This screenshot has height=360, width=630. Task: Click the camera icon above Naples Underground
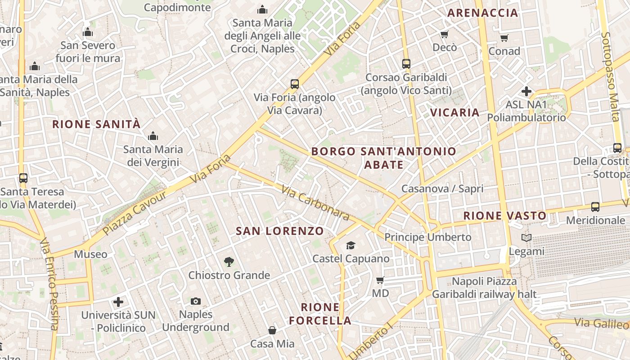coord(196,301)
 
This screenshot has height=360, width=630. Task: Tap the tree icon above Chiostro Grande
coord(229,262)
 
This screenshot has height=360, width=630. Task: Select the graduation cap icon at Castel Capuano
coord(351,245)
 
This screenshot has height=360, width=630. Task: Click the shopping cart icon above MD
coord(380,280)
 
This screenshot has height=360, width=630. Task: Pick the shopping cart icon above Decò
coord(445,34)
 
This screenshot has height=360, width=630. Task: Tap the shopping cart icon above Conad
coord(504,38)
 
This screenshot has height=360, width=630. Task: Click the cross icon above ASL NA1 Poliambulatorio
coord(526,91)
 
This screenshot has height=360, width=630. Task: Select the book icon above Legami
coord(526,238)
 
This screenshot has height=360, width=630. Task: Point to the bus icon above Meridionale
coord(595,207)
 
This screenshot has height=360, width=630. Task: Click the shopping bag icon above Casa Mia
coord(272,331)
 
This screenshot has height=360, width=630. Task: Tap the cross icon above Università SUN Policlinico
coord(118,301)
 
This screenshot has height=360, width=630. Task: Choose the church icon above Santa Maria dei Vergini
coord(153,136)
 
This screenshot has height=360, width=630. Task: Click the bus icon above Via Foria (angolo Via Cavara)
coord(295,84)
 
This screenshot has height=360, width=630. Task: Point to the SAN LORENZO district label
coord(280,231)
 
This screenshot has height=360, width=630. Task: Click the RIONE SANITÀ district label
coord(96,124)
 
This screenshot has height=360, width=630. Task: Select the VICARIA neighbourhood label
coord(455,112)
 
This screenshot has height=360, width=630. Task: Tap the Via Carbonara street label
coord(315,203)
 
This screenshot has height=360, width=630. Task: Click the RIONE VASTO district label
coord(505,216)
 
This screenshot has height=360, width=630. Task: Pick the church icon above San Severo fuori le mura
coord(88,32)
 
